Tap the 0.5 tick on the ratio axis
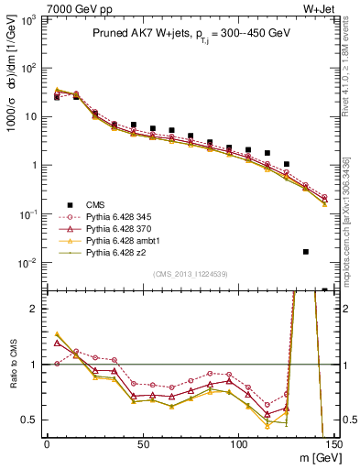point(32,420)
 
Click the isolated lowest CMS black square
point(306,251)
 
